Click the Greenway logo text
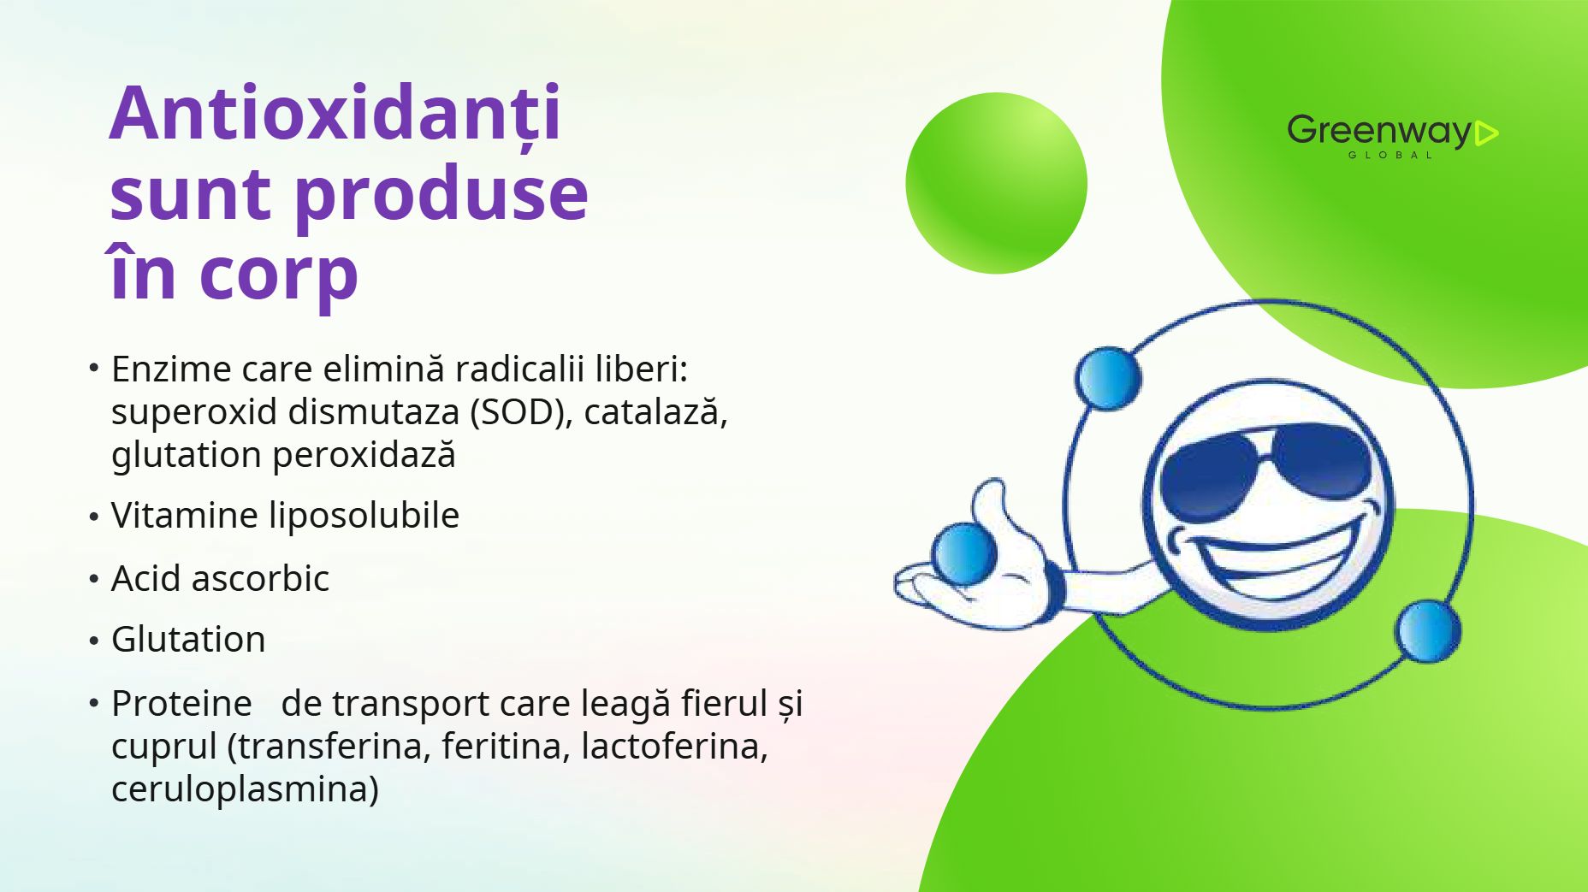pyautogui.click(x=1379, y=132)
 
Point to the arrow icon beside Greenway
pyautogui.click(x=1487, y=133)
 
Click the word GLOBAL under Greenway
pyautogui.click(x=1390, y=155)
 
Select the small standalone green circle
pyautogui.click(x=996, y=183)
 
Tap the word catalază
pyautogui.click(x=656, y=411)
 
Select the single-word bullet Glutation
pyautogui.click(x=188, y=640)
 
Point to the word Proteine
pyautogui.click(x=181, y=704)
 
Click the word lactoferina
pyautogui.click(x=675, y=746)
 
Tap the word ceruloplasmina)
pyautogui.click(x=245, y=789)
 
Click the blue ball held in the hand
pyautogui.click(x=964, y=554)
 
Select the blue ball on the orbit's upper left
pyautogui.click(x=1108, y=378)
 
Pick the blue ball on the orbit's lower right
pyautogui.click(x=1427, y=631)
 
